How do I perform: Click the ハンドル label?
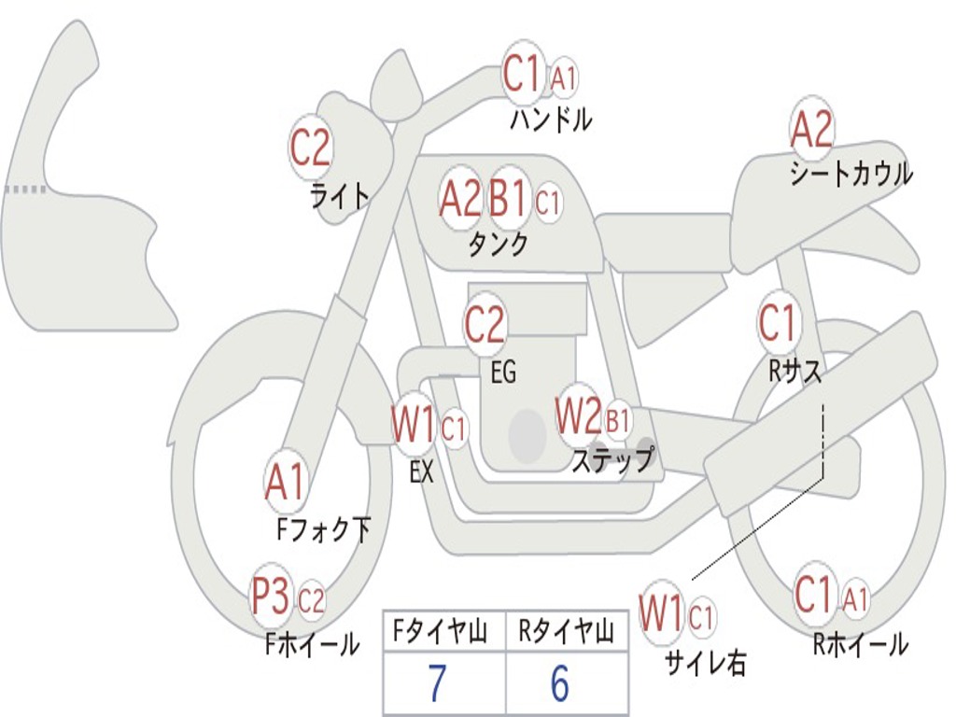(x=551, y=119)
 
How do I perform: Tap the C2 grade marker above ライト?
(x=311, y=148)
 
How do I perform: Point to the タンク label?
(x=498, y=244)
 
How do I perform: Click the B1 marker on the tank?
(x=509, y=199)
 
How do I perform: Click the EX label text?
(x=421, y=472)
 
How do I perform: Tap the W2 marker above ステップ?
(x=578, y=417)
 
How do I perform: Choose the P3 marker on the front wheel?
(x=272, y=597)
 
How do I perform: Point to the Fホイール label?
(x=312, y=644)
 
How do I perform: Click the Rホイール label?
(x=860, y=644)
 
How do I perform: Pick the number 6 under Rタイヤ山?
(x=559, y=684)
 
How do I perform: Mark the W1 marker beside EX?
(x=414, y=428)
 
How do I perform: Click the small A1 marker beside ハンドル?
(x=563, y=78)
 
